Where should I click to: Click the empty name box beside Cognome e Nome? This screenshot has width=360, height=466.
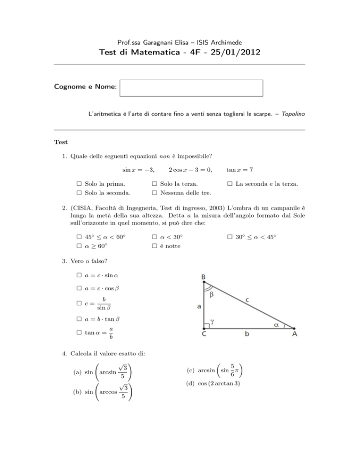click(191, 88)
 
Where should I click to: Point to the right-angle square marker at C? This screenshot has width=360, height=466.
click(207, 326)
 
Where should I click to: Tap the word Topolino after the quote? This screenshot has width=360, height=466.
click(293, 113)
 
